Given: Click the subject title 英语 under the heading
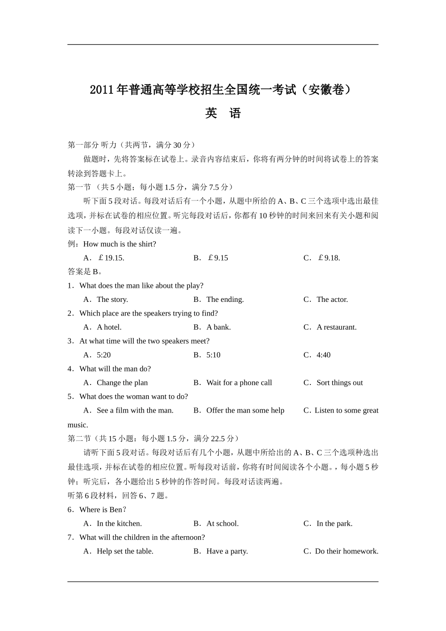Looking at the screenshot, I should click(x=223, y=114).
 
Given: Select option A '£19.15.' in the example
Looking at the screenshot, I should click(x=111, y=258).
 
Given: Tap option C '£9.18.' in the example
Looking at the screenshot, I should click(x=329, y=258).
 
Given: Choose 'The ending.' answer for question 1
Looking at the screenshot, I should click(x=225, y=300).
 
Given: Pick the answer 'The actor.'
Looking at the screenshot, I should click(x=332, y=300).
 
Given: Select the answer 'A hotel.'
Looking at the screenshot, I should click(x=109, y=327).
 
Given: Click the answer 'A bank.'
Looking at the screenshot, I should click(x=218, y=327).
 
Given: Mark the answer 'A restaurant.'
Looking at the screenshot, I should click(x=336, y=327).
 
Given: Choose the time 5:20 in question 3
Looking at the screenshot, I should click(x=104, y=355).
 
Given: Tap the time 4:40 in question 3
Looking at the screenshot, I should click(x=323, y=355).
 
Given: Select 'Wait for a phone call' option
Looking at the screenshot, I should click(x=239, y=383).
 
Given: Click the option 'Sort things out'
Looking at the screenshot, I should click(x=339, y=383).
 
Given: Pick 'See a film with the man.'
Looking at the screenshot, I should click(x=135, y=410).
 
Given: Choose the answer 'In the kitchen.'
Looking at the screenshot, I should click(x=119, y=523).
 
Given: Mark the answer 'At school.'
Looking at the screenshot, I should click(x=222, y=523).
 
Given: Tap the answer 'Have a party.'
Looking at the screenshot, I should click(x=227, y=551).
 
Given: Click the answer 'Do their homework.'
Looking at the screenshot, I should click(x=346, y=551).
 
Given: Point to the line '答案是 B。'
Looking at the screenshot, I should click(x=85, y=271).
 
